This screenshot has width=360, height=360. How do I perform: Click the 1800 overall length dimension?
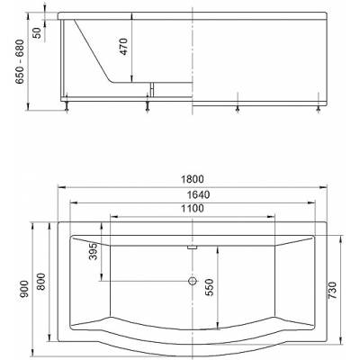tap(193, 179)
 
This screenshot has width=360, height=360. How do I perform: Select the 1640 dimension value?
tap(198, 194)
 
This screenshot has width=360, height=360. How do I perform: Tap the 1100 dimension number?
tap(193, 208)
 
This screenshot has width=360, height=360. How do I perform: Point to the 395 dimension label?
tap(94, 251)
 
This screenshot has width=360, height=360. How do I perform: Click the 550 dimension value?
tap(211, 287)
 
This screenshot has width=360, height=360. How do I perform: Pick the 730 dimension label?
tap(332, 291)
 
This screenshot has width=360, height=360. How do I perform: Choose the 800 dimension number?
tap(40, 282)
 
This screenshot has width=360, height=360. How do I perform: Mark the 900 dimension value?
tap(24, 289)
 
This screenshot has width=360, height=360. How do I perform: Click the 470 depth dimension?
tap(124, 47)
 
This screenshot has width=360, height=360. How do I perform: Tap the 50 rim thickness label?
tap(37, 32)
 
